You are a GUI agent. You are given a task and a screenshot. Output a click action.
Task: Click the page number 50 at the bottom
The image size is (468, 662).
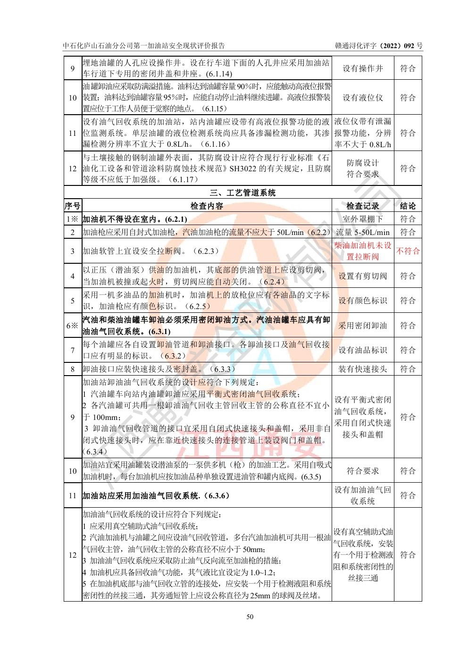250,616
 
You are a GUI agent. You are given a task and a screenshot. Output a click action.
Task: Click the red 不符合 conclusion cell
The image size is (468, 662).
408,251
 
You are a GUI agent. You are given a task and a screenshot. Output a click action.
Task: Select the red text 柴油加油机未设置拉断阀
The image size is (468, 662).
363,251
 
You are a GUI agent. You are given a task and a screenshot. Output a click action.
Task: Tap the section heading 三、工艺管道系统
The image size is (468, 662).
243,193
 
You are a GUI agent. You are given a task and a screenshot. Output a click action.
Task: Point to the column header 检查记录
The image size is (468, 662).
363,206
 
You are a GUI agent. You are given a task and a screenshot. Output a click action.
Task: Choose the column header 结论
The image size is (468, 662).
408,206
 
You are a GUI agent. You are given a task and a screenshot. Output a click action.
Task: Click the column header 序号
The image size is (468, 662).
73,206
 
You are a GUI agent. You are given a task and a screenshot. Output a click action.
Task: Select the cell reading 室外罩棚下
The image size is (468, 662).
363,219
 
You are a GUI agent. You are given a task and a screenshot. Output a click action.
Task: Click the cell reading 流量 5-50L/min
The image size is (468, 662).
363,232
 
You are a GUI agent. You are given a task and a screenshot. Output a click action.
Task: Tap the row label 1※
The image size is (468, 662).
73,219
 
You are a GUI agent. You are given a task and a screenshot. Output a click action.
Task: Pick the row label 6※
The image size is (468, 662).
73,326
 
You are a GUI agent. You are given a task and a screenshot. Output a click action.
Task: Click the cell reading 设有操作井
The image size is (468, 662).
363,68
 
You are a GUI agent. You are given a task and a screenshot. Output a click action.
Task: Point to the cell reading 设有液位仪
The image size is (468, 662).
363,98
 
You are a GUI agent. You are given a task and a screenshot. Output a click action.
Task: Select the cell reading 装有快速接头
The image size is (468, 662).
363,369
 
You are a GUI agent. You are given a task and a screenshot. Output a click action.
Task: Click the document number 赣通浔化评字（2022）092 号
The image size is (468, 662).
379,46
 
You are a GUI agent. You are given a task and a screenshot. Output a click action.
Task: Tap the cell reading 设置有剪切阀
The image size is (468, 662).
363,276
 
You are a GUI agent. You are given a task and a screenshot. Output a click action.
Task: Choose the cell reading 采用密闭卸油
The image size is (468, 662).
363,326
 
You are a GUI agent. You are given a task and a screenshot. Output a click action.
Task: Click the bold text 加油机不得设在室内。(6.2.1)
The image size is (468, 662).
135,219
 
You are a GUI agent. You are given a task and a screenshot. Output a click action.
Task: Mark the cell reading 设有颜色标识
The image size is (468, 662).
363,301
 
